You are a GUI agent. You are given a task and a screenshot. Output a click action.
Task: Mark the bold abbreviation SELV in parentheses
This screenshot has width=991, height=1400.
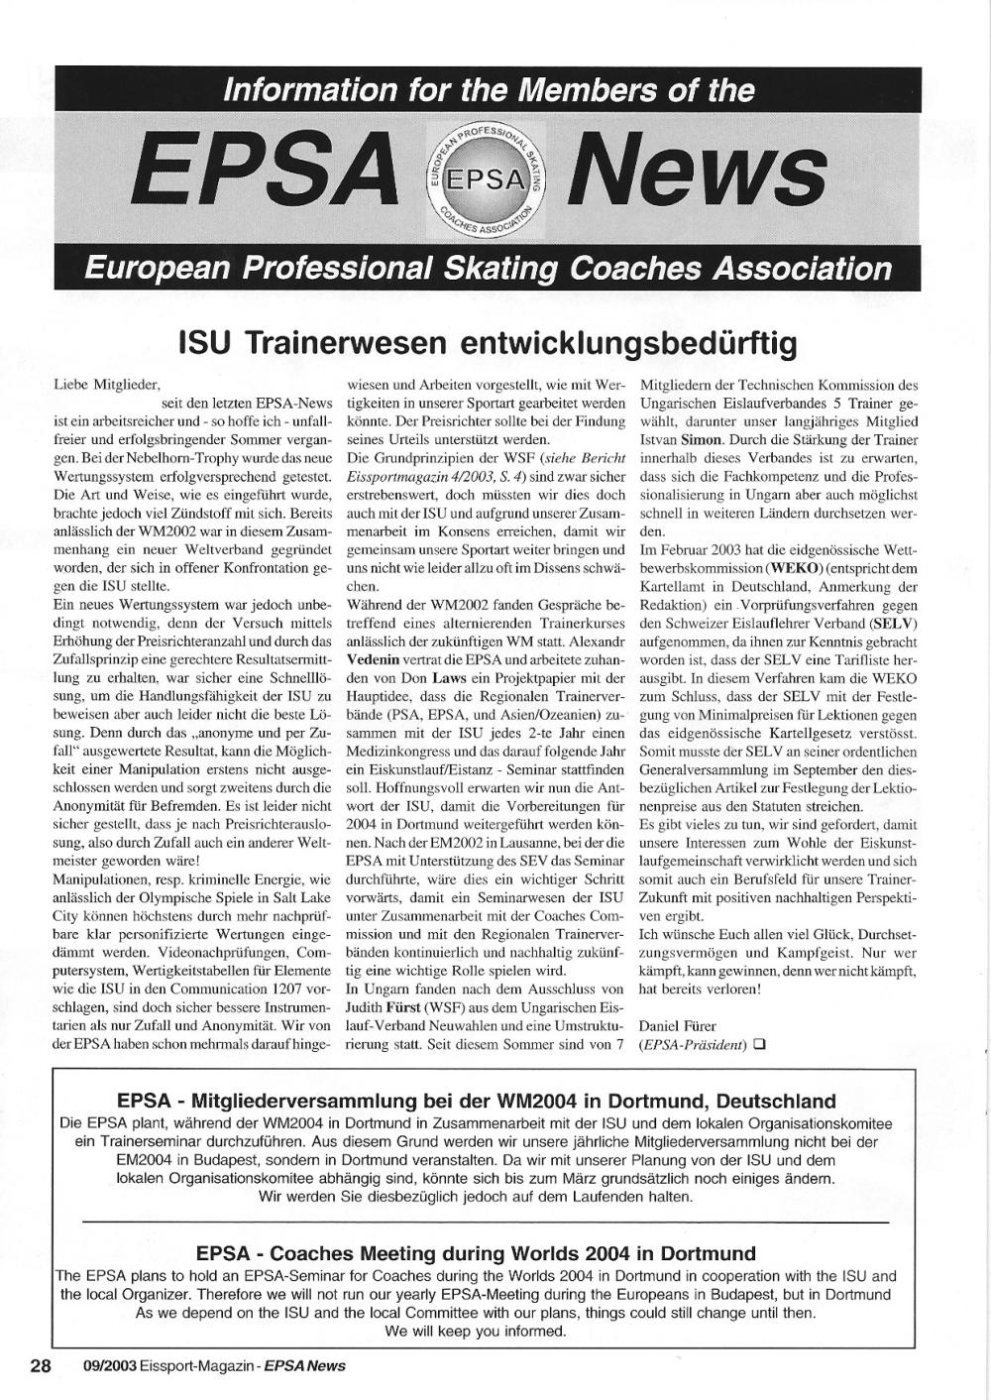(x=892, y=623)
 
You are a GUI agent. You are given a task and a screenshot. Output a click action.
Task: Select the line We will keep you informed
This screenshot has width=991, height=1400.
(x=475, y=1332)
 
